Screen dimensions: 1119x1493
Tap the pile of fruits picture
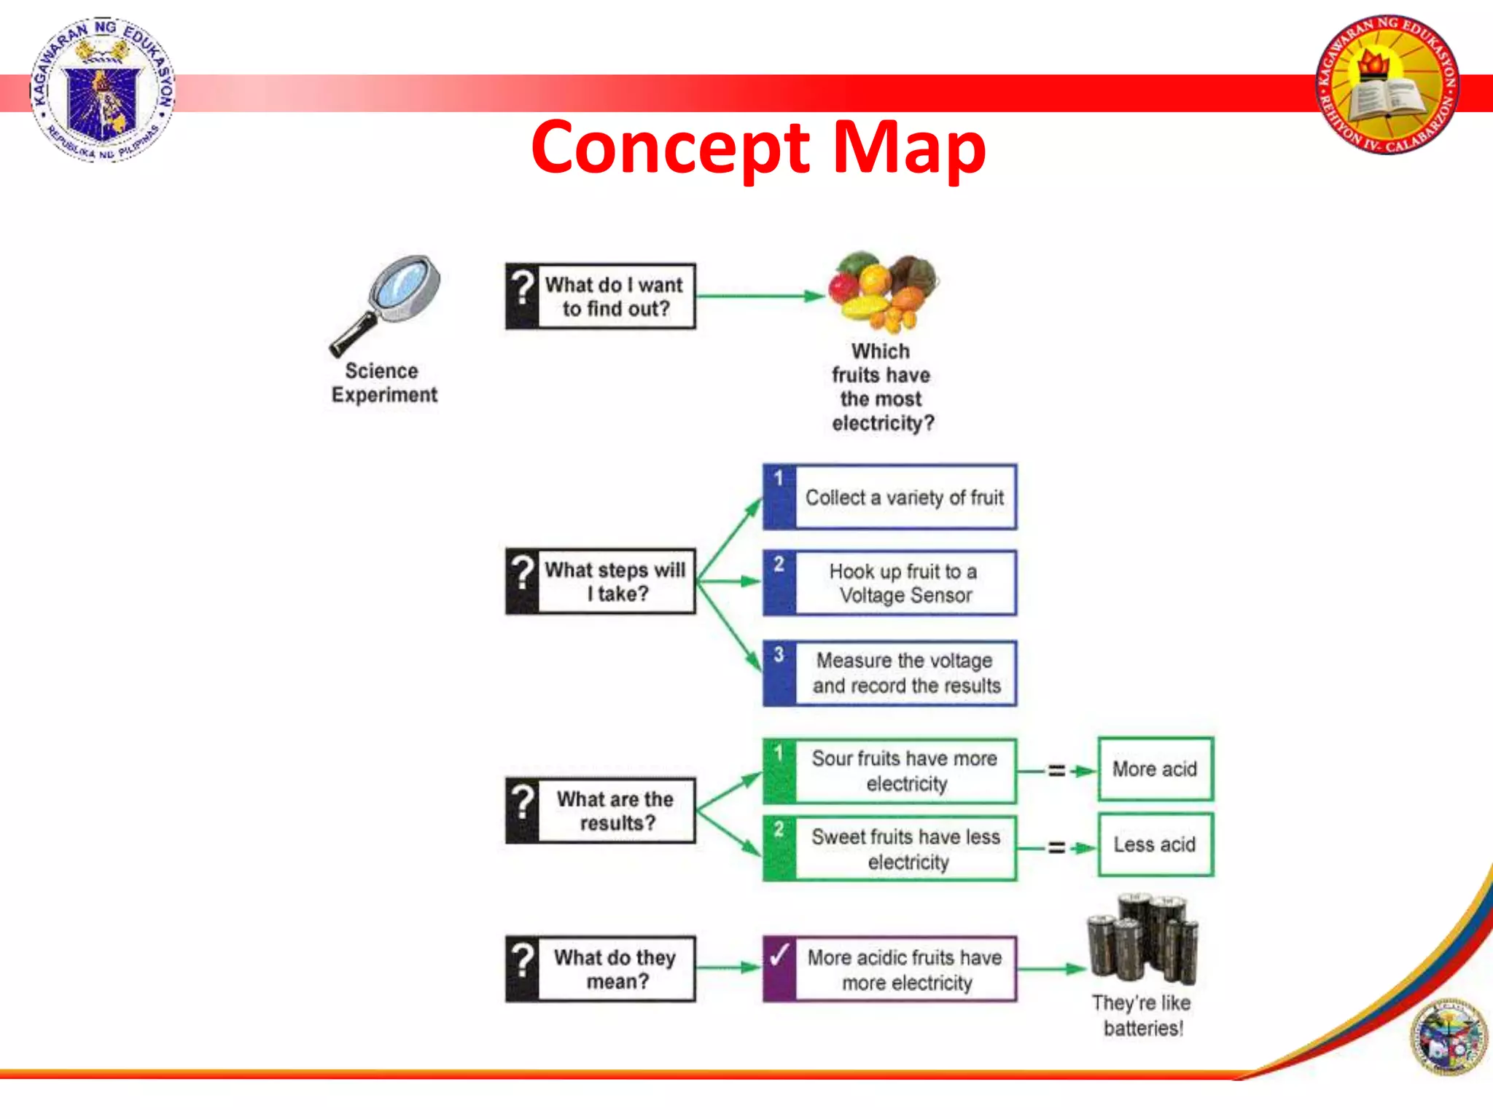883,291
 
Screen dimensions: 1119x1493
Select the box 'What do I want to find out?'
601,297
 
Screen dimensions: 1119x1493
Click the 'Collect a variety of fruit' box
890,498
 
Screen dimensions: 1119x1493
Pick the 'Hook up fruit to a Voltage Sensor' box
890,583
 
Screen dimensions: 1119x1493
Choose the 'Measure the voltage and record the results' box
890,673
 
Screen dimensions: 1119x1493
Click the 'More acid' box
1155,769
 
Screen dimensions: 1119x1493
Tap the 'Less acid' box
1155,845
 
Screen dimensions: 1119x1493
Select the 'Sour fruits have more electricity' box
890,771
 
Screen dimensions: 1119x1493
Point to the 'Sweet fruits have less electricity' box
890,849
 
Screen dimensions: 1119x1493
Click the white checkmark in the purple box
779,955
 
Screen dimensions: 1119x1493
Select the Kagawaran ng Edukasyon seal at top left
103,89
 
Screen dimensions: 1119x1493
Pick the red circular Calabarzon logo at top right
1388,85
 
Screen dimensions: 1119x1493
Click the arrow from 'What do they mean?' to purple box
728,968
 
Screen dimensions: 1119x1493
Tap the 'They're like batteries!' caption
1142,1016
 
